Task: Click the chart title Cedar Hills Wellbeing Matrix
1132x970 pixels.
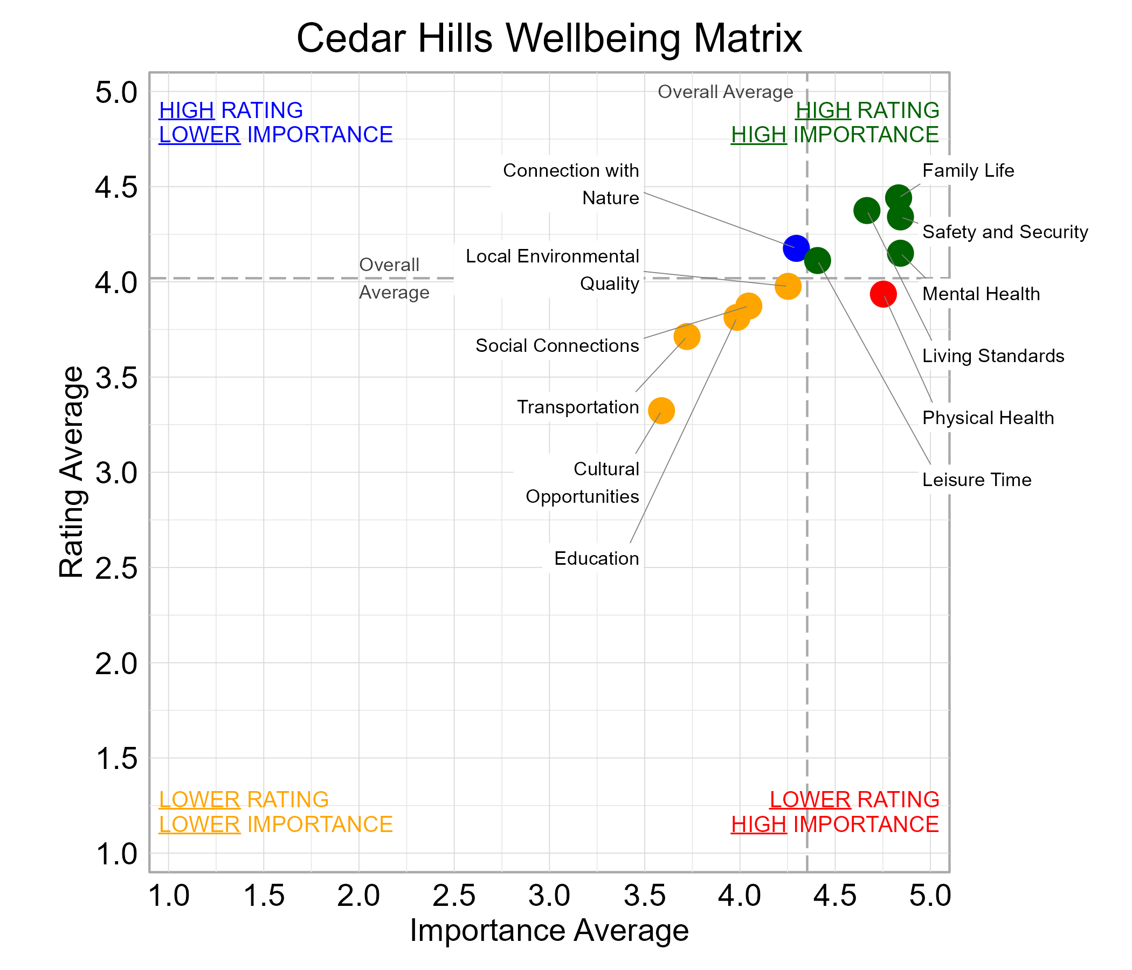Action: tap(549, 38)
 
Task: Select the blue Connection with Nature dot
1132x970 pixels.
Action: tap(796, 248)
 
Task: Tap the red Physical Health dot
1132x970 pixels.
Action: tap(883, 294)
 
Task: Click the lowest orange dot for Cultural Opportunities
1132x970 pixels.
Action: tap(661, 410)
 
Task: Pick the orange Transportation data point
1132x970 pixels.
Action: tap(687, 336)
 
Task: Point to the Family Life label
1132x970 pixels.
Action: tap(968, 171)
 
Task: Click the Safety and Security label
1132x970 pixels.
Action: tap(1005, 232)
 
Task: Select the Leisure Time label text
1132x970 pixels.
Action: tap(976, 480)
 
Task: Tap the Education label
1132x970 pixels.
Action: tap(596, 559)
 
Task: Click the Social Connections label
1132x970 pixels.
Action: tap(557, 346)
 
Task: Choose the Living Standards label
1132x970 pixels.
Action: tap(993, 356)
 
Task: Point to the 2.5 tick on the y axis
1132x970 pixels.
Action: tap(116, 569)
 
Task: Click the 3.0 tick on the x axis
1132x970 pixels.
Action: tap(549, 896)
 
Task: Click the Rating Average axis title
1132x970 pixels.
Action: tap(72, 472)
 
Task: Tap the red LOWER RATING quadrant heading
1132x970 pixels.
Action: tap(854, 800)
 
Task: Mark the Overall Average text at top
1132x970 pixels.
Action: tap(725, 92)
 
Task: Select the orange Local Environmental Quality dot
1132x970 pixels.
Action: tap(788, 286)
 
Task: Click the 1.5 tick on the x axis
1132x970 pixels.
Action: tap(264, 896)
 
